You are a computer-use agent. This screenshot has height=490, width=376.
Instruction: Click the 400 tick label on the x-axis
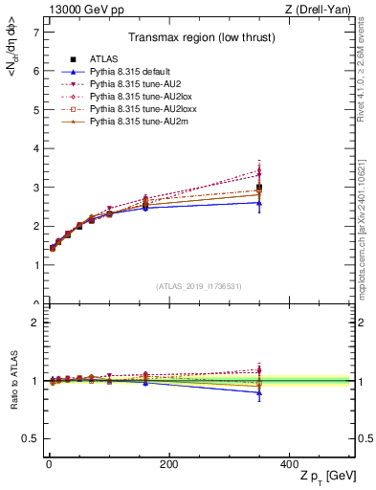(290, 464)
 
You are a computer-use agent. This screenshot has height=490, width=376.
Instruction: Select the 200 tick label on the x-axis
(169, 464)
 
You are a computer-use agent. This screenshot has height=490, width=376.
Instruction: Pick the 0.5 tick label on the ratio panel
(31, 438)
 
